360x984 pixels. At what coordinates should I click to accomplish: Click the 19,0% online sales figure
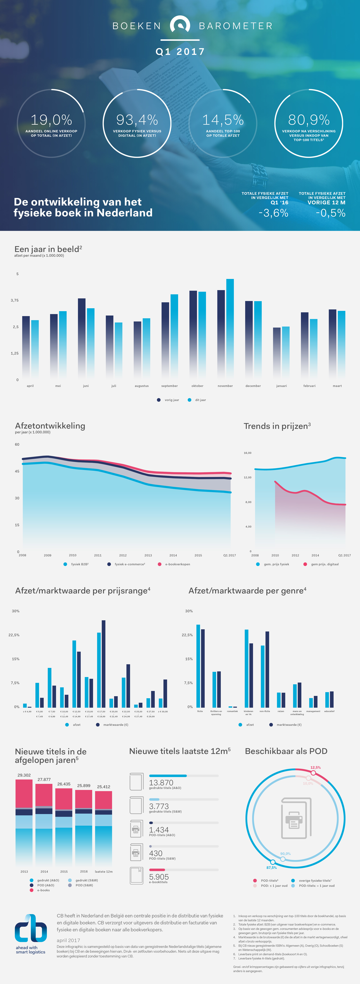click(x=51, y=120)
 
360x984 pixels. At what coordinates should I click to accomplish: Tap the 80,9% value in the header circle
click(x=309, y=120)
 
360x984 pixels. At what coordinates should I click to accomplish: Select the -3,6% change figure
click(x=273, y=213)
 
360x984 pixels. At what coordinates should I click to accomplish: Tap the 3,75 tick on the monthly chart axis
click(x=15, y=300)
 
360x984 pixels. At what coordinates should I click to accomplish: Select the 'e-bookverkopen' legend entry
click(x=177, y=564)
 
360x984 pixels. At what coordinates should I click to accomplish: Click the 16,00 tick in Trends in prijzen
click(x=248, y=453)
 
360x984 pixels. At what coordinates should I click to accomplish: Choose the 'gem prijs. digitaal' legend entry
click(x=324, y=564)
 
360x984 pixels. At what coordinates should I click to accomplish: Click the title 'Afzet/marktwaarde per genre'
click(x=247, y=591)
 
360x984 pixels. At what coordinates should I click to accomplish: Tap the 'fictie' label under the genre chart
click(x=200, y=711)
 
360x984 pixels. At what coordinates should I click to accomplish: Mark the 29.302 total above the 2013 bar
click(x=24, y=775)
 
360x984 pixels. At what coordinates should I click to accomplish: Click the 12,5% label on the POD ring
click(x=316, y=767)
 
